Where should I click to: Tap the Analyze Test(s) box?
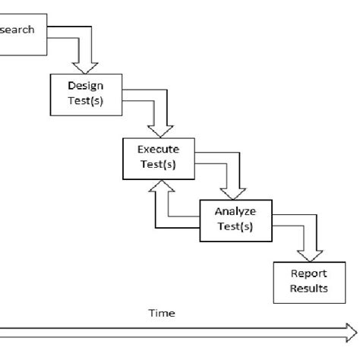point(233,220)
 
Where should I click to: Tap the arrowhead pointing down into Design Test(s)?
point(85,67)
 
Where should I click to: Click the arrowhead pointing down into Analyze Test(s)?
point(234,192)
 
